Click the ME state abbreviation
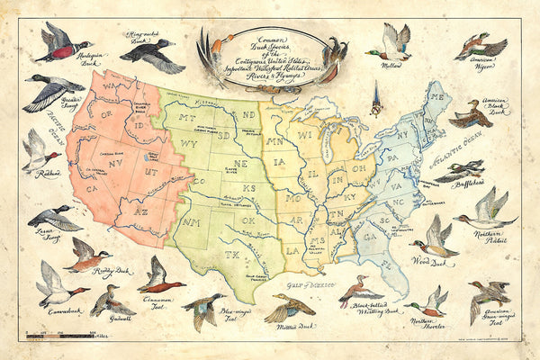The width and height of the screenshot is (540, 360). point(439,96)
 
